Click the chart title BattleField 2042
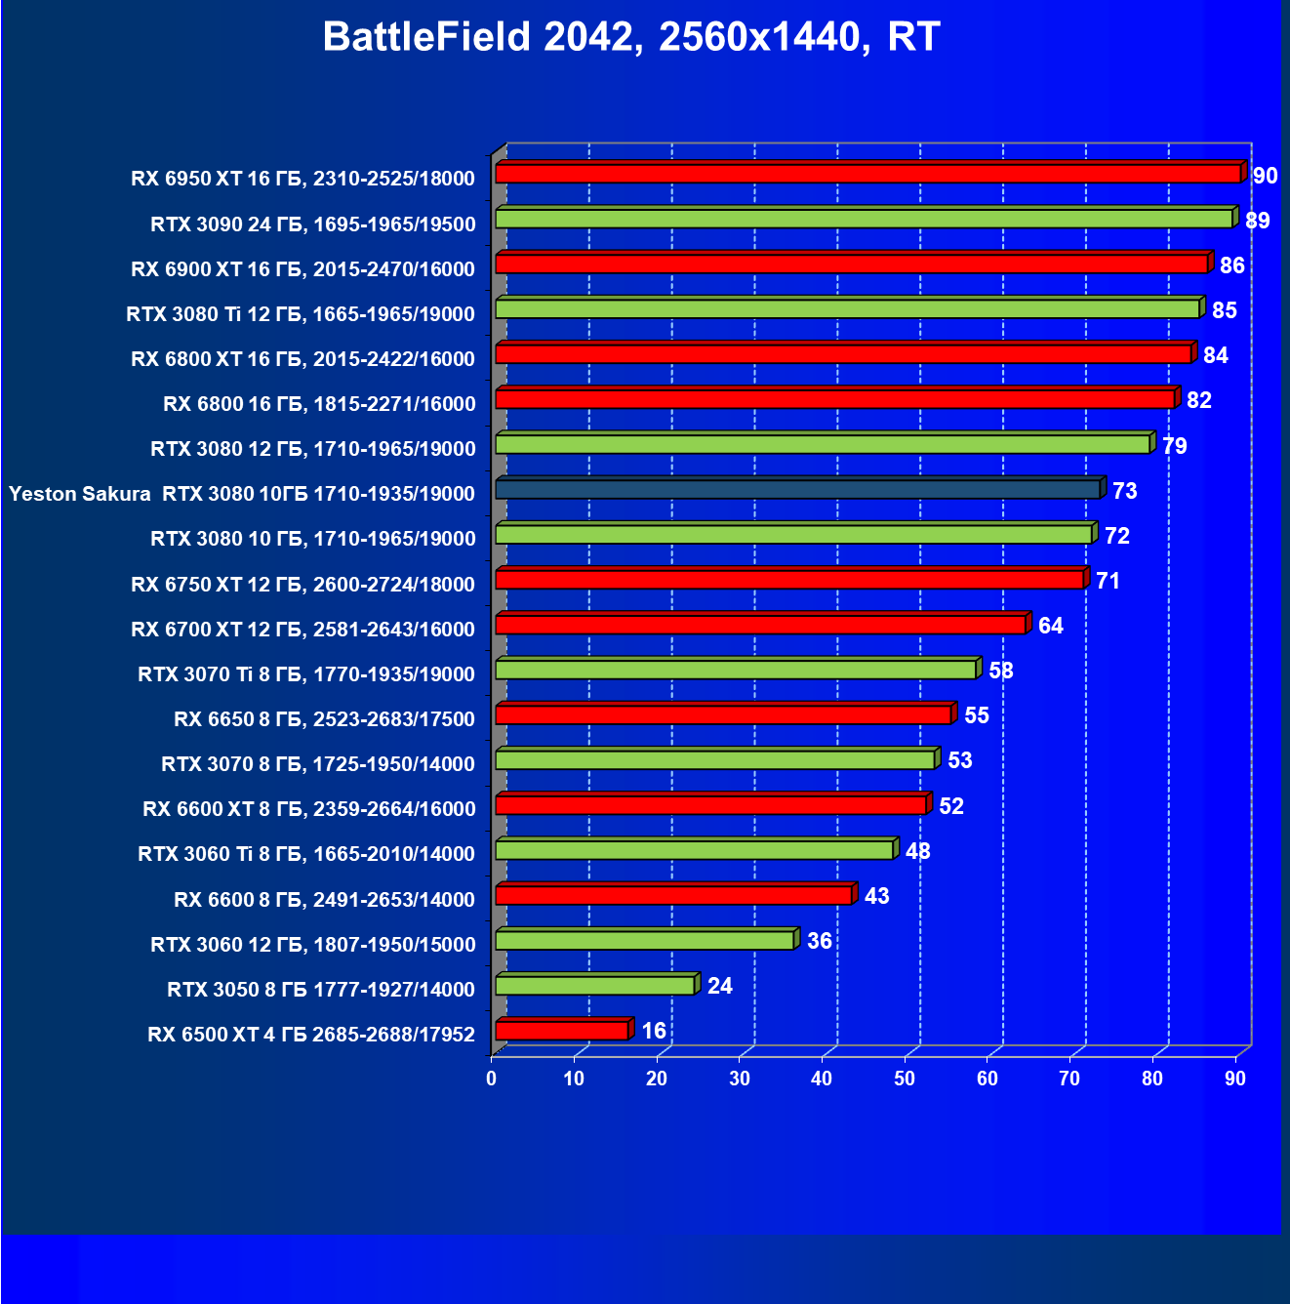(630, 37)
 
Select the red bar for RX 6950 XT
(867, 174)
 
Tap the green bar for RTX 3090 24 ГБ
(864, 219)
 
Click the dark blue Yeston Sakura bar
(797, 489)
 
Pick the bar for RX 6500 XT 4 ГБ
(562, 1031)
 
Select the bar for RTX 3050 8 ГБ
(595, 986)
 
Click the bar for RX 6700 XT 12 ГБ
(760, 625)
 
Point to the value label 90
(1265, 176)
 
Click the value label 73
(1124, 491)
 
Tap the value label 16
(653, 1031)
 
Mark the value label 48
(917, 851)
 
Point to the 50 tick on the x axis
(905, 1079)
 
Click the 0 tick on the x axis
(492, 1079)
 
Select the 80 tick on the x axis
(1152, 1079)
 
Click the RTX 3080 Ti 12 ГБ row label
(301, 314)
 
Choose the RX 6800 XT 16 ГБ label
(302, 359)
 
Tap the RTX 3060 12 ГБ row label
(312, 945)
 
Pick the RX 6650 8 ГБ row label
(324, 719)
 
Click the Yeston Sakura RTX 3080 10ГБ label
(242, 494)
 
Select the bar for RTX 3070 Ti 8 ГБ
(736, 670)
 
